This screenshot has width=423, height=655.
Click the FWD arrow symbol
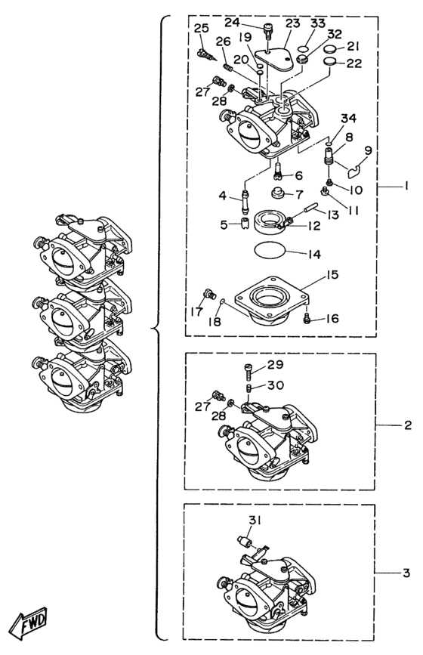pos(29,619)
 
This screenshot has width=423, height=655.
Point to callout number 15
pos(332,275)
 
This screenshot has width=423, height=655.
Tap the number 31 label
pos(255,520)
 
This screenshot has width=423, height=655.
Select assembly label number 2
pos(408,425)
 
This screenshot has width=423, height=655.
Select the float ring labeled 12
pos(270,221)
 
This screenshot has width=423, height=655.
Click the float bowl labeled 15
pos(272,299)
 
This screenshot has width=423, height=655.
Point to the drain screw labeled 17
pos(208,294)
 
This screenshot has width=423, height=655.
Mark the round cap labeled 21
pos(331,49)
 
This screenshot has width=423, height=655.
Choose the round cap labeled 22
pos(331,62)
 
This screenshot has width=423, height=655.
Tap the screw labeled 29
pos(247,369)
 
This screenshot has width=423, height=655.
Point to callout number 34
pos(348,118)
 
